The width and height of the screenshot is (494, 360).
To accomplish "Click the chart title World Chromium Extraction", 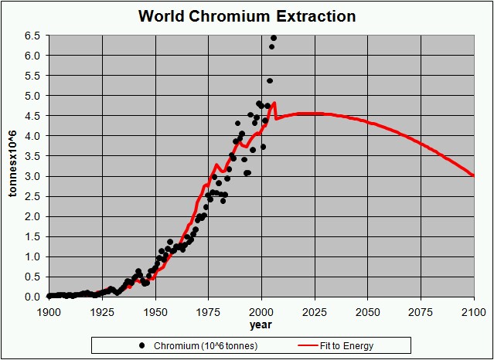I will point(247,15).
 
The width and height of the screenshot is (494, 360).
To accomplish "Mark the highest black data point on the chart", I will point(274,38).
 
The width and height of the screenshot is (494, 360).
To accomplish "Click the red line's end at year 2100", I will point(473,176).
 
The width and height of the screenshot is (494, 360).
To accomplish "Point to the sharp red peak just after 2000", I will point(274,103).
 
